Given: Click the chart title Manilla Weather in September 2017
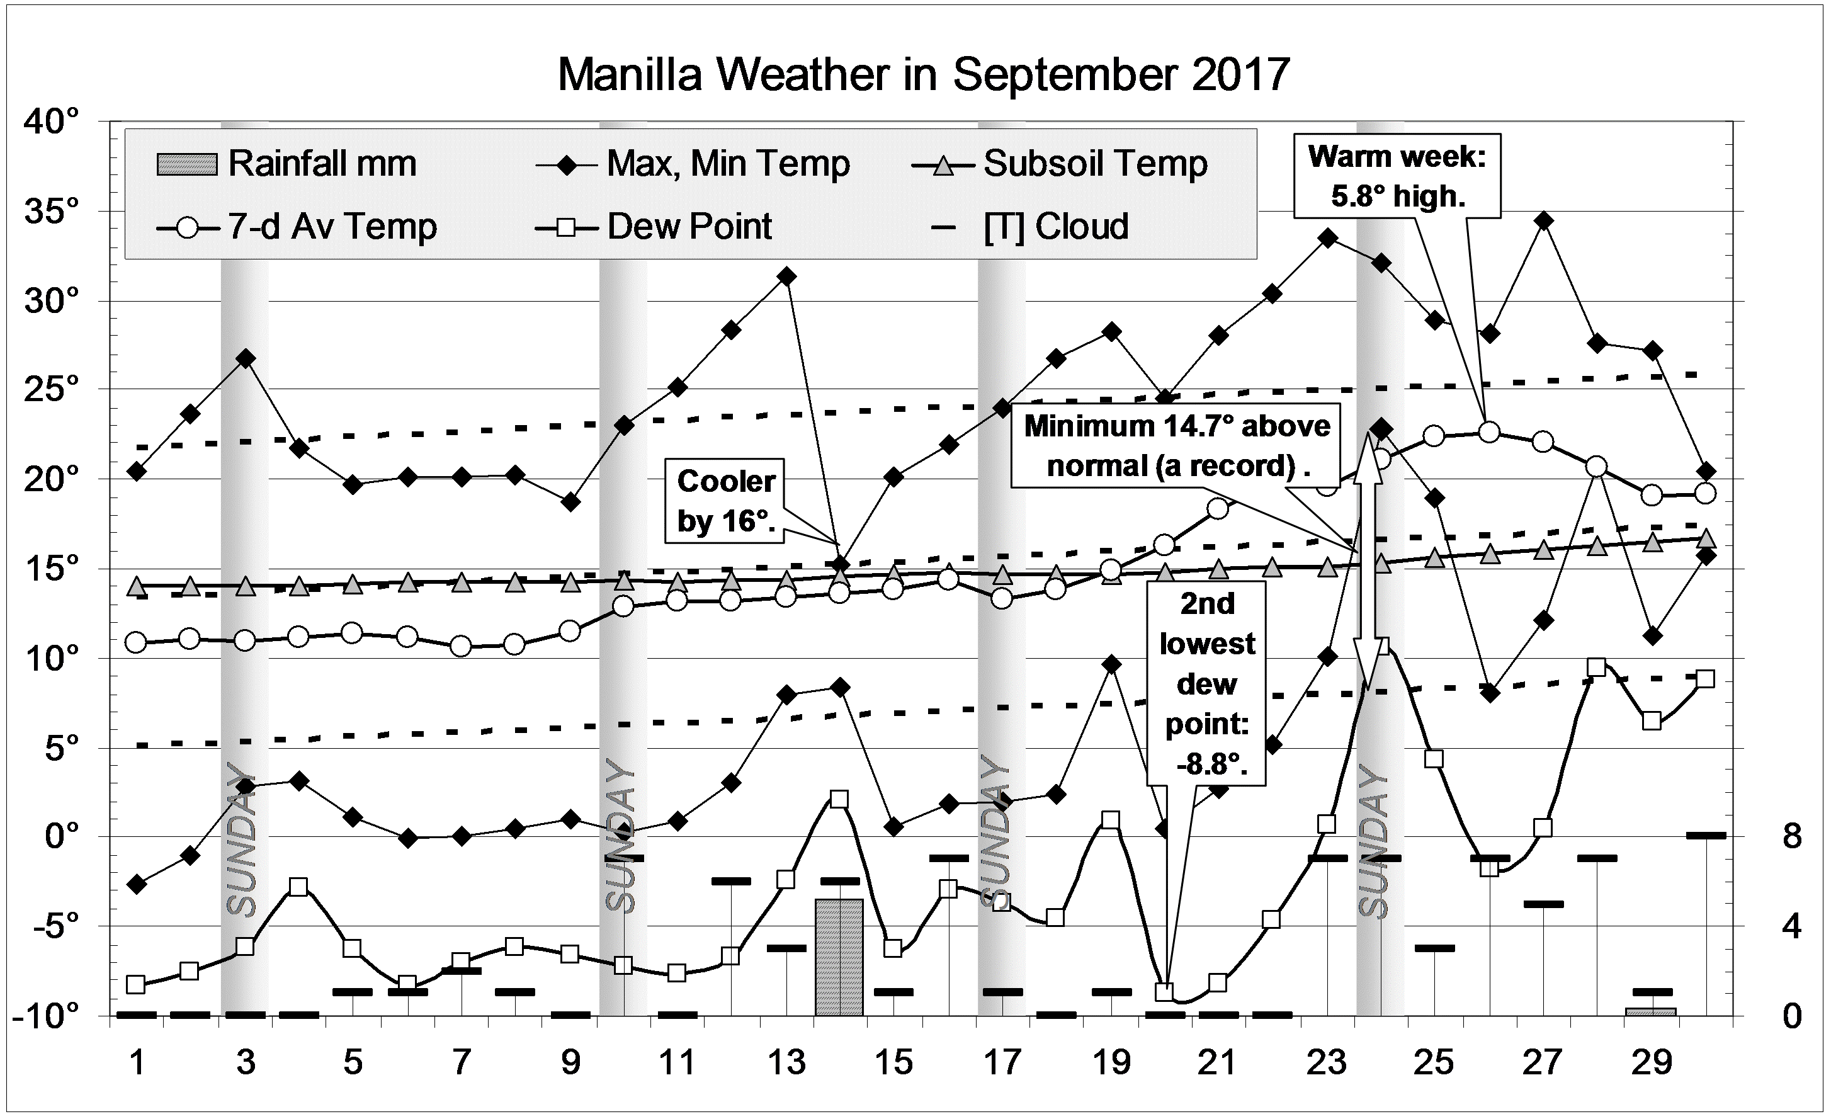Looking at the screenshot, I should (x=923, y=74).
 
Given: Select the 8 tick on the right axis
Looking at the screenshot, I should (x=1791, y=837).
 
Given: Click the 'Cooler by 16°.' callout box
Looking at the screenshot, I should (x=725, y=501).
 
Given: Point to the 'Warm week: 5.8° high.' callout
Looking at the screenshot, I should (x=1397, y=176).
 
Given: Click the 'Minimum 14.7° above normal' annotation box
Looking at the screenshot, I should (x=1177, y=445).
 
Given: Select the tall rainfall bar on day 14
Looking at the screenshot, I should (x=839, y=957).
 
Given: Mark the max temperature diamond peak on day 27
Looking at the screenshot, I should (x=1543, y=220).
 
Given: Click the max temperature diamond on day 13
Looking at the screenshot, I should (x=787, y=276).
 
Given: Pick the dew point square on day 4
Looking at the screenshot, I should (x=298, y=887).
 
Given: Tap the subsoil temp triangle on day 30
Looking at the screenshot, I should (x=1706, y=538).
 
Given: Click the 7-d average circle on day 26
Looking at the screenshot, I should (x=1488, y=432).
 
